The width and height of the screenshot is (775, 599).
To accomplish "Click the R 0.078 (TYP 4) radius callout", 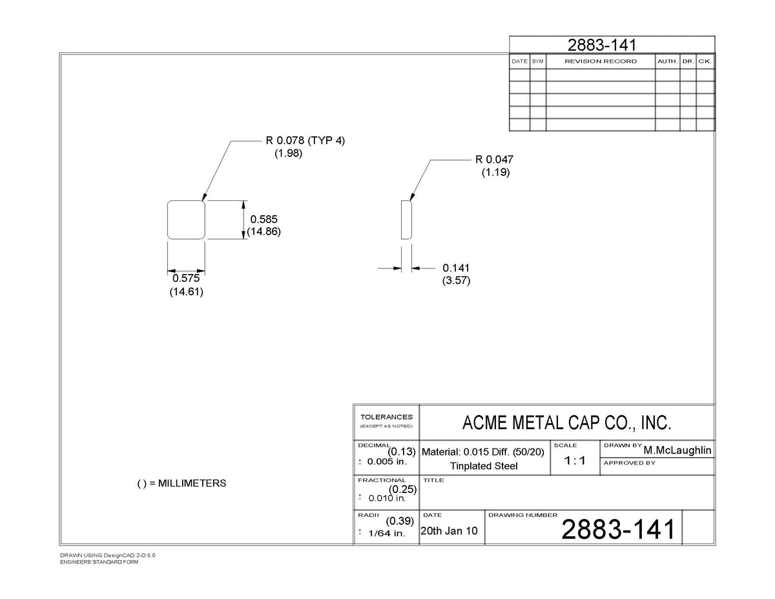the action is [305, 141].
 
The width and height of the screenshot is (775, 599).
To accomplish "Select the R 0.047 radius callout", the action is [494, 160].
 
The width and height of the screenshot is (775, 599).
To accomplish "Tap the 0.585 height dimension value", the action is [264, 219].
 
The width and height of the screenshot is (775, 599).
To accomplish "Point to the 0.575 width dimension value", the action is [186, 278].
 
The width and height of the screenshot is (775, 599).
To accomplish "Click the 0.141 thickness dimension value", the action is [456, 268].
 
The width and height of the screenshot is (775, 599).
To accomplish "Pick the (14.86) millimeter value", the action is [264, 231].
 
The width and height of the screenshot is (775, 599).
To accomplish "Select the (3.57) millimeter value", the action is [456, 280].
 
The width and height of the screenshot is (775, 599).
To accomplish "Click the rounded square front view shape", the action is [186, 201].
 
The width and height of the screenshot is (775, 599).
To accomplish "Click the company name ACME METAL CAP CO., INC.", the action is [566, 423].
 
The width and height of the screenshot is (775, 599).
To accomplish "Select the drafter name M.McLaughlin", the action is [677, 450].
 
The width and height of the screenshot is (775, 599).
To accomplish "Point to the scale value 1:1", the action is [575, 461].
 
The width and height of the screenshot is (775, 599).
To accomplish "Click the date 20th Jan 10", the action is [449, 531].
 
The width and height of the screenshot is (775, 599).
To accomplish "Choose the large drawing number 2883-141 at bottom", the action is [618, 529].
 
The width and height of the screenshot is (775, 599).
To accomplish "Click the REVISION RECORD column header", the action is [601, 61].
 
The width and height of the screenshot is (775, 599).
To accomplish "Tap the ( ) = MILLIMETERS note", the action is [181, 483].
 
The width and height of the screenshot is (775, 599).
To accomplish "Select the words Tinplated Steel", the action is [484, 466].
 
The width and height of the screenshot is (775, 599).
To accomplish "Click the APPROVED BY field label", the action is [630, 463].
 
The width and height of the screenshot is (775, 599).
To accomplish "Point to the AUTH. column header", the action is [667, 61].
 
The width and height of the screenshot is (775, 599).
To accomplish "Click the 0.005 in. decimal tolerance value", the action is [387, 461].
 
